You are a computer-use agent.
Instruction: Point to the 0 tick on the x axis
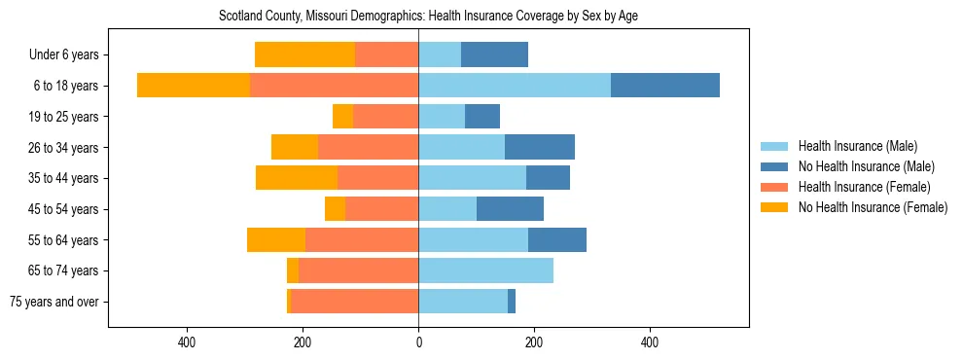pos(418,342)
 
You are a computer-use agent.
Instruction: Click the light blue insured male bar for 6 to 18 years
pos(515,86)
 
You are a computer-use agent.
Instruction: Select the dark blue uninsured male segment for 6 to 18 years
pos(665,86)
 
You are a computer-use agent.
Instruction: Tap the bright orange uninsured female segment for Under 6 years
pos(304,55)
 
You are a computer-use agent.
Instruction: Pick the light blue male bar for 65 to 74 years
pos(485,270)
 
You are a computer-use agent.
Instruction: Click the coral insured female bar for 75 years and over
pos(354,302)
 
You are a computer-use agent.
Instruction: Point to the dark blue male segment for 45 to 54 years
pos(510,209)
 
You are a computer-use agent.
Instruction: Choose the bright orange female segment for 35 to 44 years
pos(297,178)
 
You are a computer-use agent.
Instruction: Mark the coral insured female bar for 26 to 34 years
pos(368,147)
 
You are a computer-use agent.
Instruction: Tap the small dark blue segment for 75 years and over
pos(512,302)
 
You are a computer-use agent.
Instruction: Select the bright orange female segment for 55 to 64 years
pos(276,239)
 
